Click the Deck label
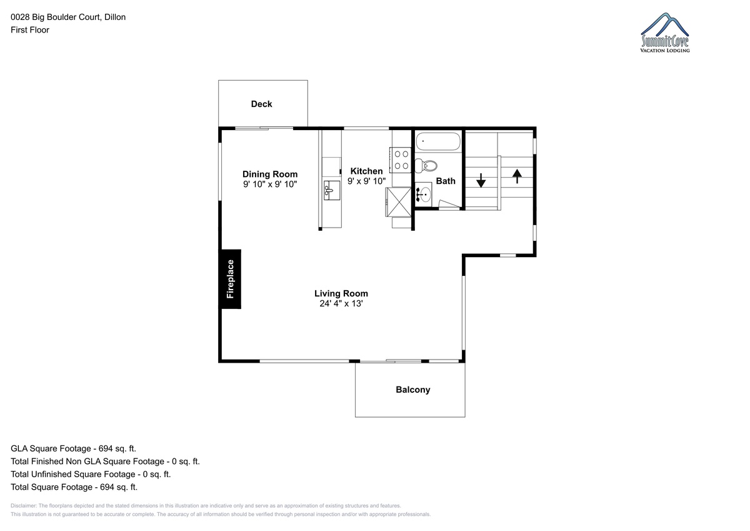pyautogui.click(x=261, y=104)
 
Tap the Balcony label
pyautogui.click(x=413, y=390)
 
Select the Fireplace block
pyautogui.click(x=231, y=279)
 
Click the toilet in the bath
pyautogui.click(x=426, y=166)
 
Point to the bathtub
pyautogui.click(x=438, y=141)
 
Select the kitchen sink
pyautogui.click(x=332, y=191)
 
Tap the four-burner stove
pyautogui.click(x=401, y=160)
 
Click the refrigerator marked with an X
pyautogui.click(x=399, y=203)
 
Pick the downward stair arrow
pyautogui.click(x=481, y=180)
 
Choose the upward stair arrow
pyautogui.click(x=517, y=176)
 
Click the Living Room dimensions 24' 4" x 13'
pyautogui.click(x=341, y=303)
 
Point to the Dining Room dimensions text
pyautogui.click(x=270, y=185)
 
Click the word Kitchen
pyautogui.click(x=367, y=171)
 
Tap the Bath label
pyautogui.click(x=446, y=181)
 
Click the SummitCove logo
pyautogui.click(x=665, y=33)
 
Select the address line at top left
pyautogui.click(x=68, y=17)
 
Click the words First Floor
pyautogui.click(x=30, y=30)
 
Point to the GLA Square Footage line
pyautogui.click(x=73, y=448)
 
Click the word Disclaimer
pyautogui.click(x=24, y=505)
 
